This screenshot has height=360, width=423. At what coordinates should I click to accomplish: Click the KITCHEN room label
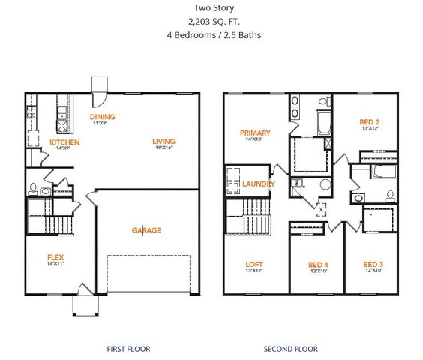[64, 142]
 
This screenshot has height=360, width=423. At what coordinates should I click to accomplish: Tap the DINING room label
[102, 117]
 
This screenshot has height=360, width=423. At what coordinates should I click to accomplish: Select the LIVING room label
[163, 141]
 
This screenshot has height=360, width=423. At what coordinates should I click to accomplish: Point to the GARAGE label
[146, 230]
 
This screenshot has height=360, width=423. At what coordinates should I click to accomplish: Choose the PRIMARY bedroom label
[255, 133]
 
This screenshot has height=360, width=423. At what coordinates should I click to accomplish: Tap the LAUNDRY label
[258, 184]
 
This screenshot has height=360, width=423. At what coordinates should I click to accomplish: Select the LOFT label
[255, 264]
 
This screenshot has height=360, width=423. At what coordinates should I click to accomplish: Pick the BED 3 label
[373, 265]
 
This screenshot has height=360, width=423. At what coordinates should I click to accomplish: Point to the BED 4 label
[319, 265]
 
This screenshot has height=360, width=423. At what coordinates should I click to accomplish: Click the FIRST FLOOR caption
[129, 349]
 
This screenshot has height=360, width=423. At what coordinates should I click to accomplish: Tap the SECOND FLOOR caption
[290, 349]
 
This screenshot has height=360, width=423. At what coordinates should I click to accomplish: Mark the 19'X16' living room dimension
[163, 148]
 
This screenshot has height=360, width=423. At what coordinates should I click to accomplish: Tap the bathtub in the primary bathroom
[325, 122]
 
